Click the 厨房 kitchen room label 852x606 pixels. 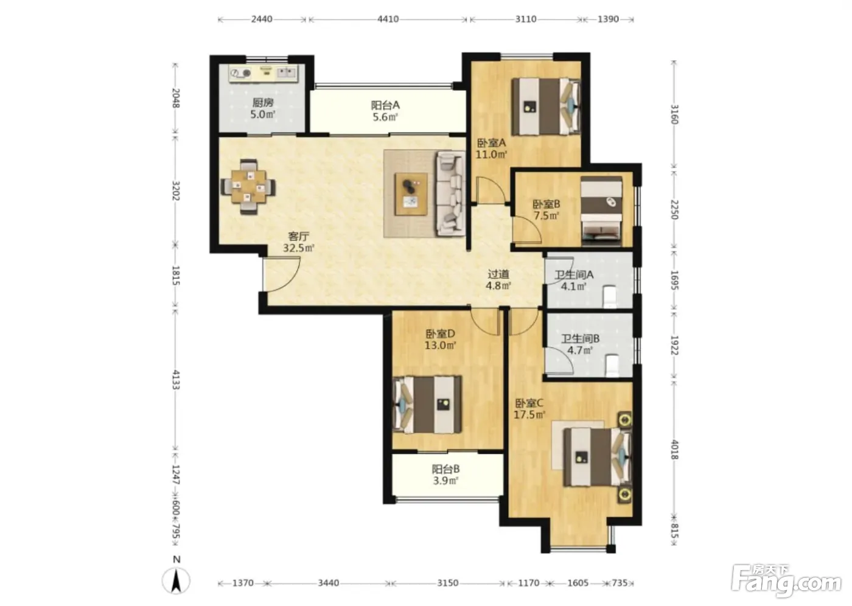(x=263, y=103)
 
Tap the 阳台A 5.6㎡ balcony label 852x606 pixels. (x=385, y=111)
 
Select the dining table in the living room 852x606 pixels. (x=249, y=187)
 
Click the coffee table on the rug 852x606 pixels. (x=411, y=194)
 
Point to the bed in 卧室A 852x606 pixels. (x=546, y=106)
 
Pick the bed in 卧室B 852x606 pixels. (x=601, y=211)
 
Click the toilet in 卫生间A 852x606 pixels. (x=610, y=296)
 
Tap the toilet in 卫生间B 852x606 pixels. (x=612, y=365)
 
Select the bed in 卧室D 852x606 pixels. (x=427, y=405)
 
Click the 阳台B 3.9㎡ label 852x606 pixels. (x=445, y=475)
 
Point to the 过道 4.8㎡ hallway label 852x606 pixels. (x=498, y=280)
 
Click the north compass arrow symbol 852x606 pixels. (x=176, y=580)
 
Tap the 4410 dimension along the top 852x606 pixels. (x=388, y=19)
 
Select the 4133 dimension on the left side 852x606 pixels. (x=176, y=380)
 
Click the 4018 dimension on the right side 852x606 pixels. (x=674, y=450)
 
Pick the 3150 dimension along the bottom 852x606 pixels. (x=448, y=583)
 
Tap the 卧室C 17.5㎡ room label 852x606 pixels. (x=529, y=408)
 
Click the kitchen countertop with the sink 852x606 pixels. (x=263, y=73)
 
